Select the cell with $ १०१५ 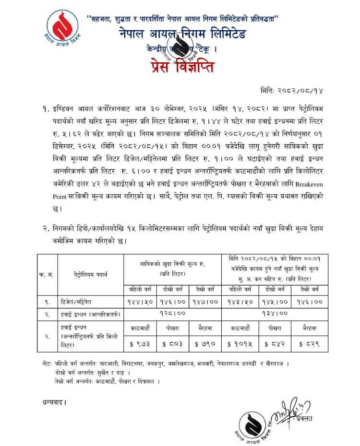click(239, 343)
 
